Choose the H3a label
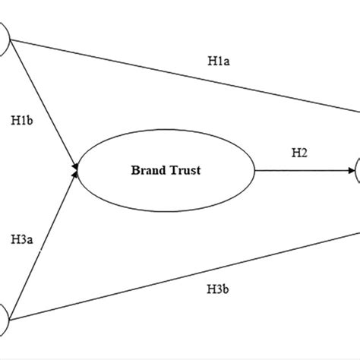[23, 241]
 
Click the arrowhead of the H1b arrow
[76, 162]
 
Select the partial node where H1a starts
[4, 38]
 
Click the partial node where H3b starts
[4, 317]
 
